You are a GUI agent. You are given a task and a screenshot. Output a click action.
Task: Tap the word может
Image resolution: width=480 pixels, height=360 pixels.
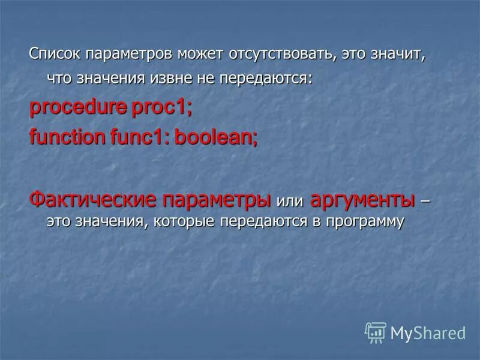[201, 54]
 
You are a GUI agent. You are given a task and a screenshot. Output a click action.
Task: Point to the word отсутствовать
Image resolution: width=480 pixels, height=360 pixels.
[282, 54]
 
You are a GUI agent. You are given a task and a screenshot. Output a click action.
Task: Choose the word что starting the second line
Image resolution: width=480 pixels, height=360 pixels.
[58, 78]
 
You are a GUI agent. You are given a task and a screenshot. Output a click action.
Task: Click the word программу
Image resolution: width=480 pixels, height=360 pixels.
[365, 222]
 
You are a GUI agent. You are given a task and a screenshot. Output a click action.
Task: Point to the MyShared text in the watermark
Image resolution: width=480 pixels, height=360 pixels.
[428, 332]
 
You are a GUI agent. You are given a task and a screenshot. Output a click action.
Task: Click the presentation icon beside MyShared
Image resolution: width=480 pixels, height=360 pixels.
[376, 332]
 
